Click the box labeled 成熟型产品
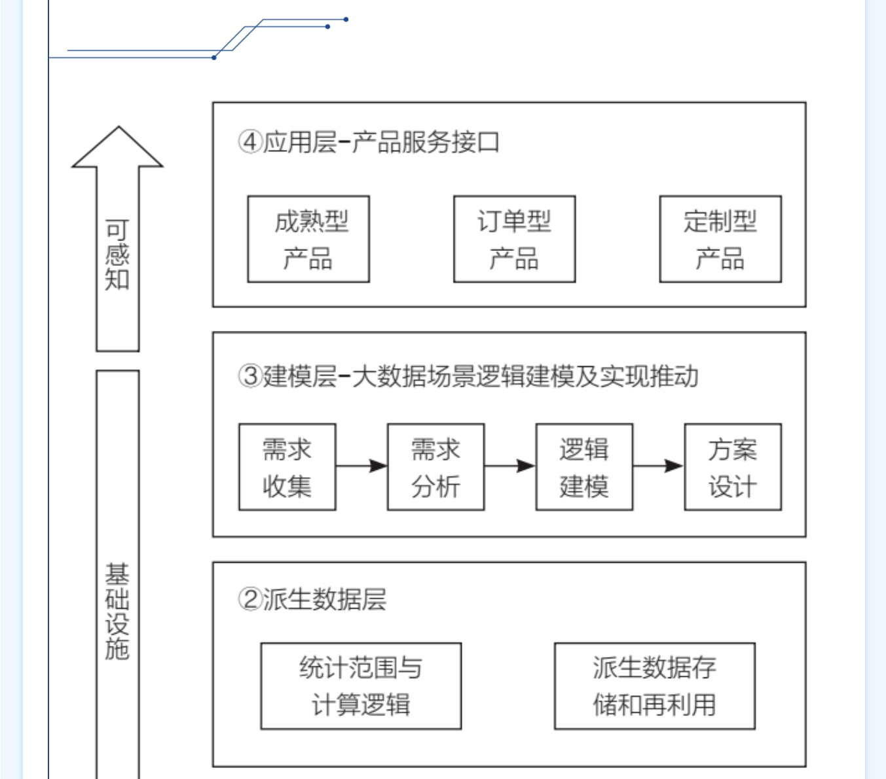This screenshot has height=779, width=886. click(x=308, y=239)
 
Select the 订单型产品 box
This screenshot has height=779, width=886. click(x=514, y=239)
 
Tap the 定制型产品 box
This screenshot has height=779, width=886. click(x=720, y=239)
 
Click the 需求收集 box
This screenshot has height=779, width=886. click(x=287, y=467)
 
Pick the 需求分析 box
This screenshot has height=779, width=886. click(x=435, y=467)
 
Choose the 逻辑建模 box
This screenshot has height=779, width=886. click(x=584, y=467)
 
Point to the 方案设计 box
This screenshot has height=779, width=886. click(x=733, y=467)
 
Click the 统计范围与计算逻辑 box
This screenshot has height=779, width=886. click(x=361, y=686)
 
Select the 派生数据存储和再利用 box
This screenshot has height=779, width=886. click(x=655, y=686)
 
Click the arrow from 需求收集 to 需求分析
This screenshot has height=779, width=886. click(x=361, y=466)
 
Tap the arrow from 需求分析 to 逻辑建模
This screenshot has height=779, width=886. click(x=510, y=466)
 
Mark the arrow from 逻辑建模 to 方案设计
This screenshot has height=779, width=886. click(x=658, y=466)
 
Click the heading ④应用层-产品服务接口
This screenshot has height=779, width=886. click(x=369, y=142)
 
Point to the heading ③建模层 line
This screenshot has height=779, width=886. click(x=468, y=376)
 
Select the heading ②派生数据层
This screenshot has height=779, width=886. click(x=312, y=599)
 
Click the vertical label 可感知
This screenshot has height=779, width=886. click(x=117, y=255)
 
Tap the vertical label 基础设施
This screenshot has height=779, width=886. click(x=117, y=611)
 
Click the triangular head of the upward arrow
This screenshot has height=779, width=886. click(x=118, y=149)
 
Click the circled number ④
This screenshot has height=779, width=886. click(x=250, y=142)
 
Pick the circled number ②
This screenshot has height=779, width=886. click(x=250, y=599)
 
